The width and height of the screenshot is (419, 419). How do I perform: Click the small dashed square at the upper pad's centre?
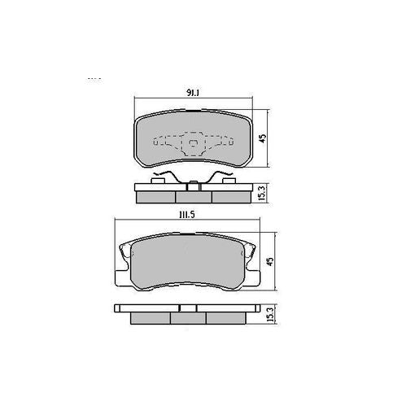pyautogui.click(x=192, y=146)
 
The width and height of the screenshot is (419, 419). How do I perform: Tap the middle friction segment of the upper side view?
pyautogui.click(x=192, y=196)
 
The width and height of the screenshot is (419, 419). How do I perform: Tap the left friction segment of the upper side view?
pyautogui.click(x=155, y=196)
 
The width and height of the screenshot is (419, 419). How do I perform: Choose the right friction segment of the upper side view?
pyautogui.click(x=229, y=196)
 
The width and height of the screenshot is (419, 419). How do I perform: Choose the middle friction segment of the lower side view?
pyautogui.click(x=187, y=319)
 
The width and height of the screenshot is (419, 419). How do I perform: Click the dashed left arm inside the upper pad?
pyautogui.click(x=166, y=142)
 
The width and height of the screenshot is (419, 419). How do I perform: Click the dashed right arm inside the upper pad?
pyautogui.click(x=219, y=142)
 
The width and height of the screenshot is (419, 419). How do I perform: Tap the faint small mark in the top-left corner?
pyautogui.click(x=93, y=79)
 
